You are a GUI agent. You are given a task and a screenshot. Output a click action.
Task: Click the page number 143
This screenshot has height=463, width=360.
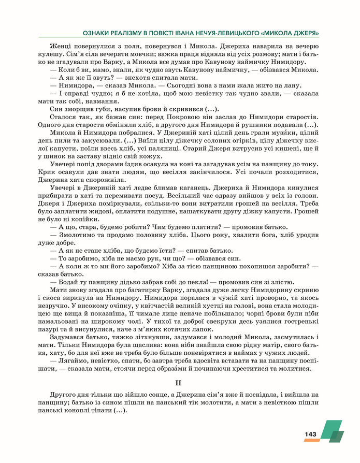tap(310, 434)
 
